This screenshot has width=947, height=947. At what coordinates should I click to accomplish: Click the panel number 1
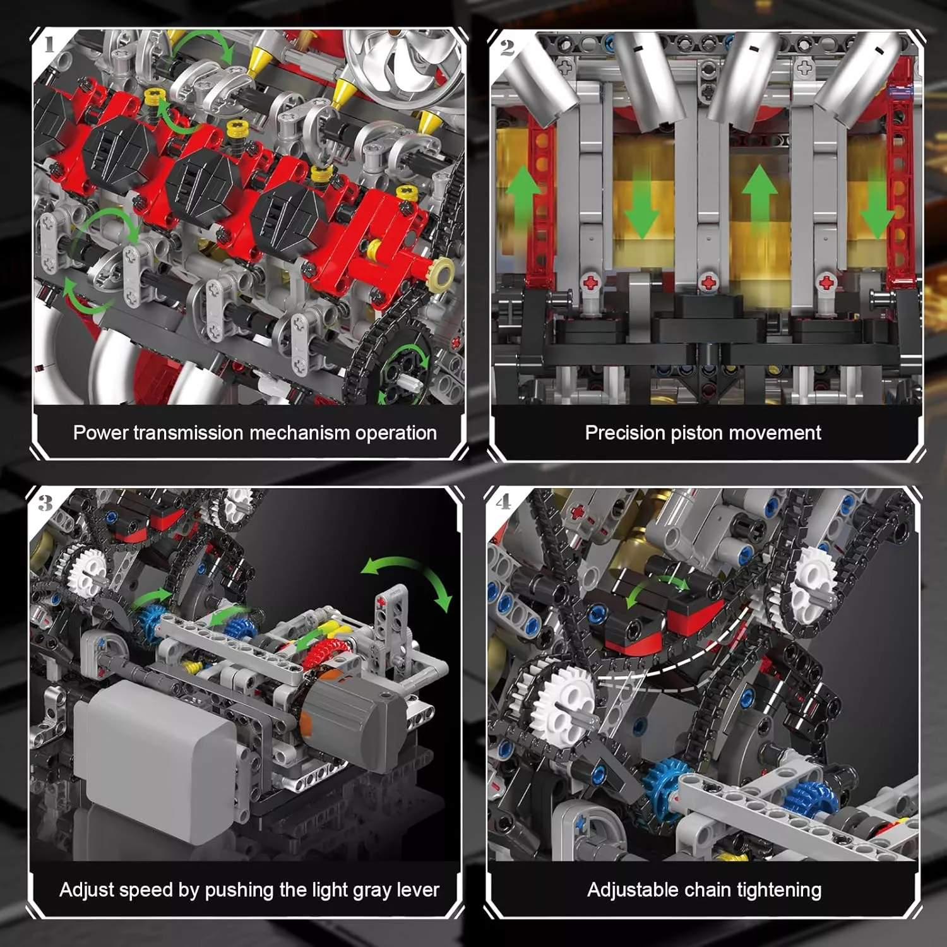coord(49,44)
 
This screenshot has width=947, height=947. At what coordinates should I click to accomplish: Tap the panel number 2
coord(507,47)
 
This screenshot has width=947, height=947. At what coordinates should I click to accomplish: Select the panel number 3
coord(45,503)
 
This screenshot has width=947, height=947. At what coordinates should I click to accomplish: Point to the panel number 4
coord(503,502)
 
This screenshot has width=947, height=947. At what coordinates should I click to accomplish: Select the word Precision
coord(625,432)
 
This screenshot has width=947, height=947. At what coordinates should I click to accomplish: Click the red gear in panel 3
coord(324,657)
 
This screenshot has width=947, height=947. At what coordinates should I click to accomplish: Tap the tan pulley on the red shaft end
coord(440,273)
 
